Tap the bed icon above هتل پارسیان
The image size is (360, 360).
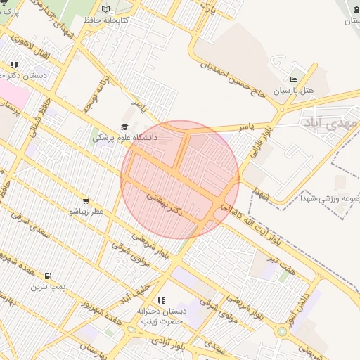coord(294,80)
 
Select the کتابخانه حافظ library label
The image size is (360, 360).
coord(107,20)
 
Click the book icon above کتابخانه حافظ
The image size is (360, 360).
coord(106,9)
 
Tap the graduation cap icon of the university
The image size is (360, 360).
coord(124,127)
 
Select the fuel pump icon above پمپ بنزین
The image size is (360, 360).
coord(48,276)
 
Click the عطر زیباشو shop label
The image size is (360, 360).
coord(86,211)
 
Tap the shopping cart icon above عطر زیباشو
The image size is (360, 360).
coord(86,200)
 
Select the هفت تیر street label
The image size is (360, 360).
coord(280,264)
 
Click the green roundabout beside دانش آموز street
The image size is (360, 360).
coord(281,330)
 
